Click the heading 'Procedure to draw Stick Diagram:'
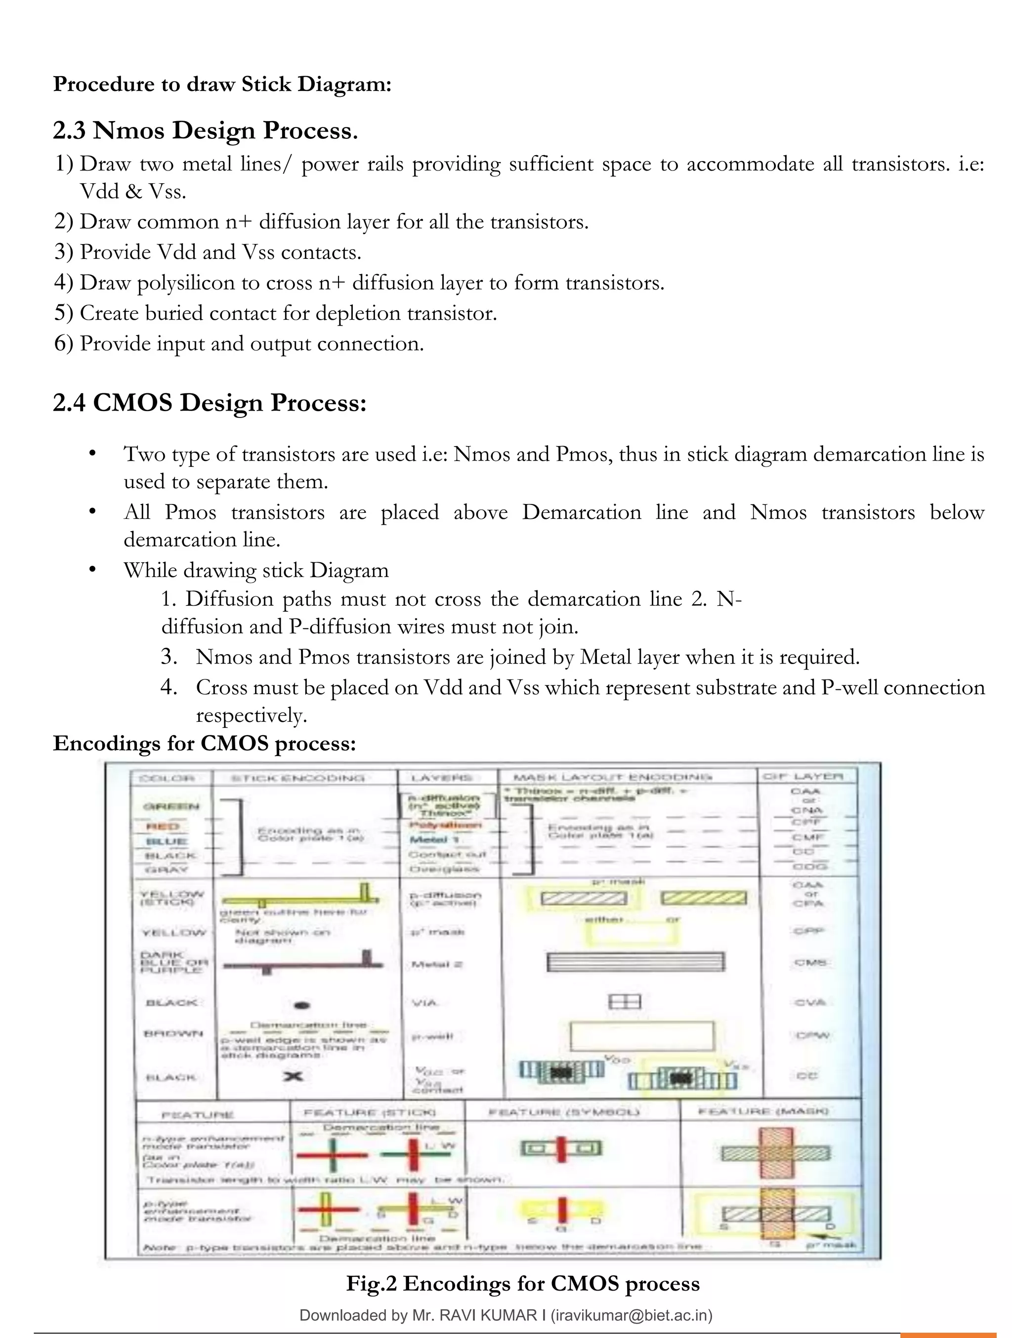click(x=222, y=84)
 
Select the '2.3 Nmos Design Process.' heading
click(x=205, y=130)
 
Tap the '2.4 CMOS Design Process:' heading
click(x=210, y=403)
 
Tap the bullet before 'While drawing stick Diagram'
click(x=92, y=570)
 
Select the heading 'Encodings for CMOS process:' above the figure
click(x=205, y=743)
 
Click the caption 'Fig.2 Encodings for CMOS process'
click(x=523, y=1283)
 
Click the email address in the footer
click(x=632, y=1315)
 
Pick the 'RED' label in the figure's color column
click(x=162, y=826)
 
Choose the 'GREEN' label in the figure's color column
click(x=170, y=806)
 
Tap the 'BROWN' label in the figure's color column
click(x=164, y=1034)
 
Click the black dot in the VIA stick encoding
click(x=302, y=1006)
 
